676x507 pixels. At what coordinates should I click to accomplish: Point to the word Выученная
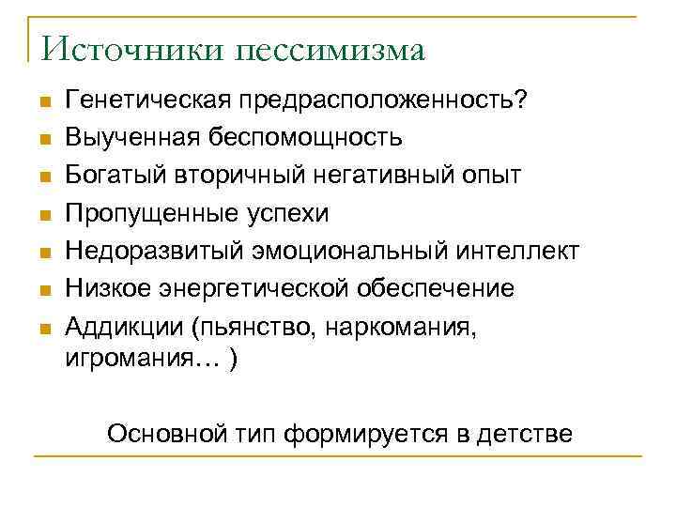(129, 138)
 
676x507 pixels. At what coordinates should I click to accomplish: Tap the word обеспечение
(435, 288)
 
